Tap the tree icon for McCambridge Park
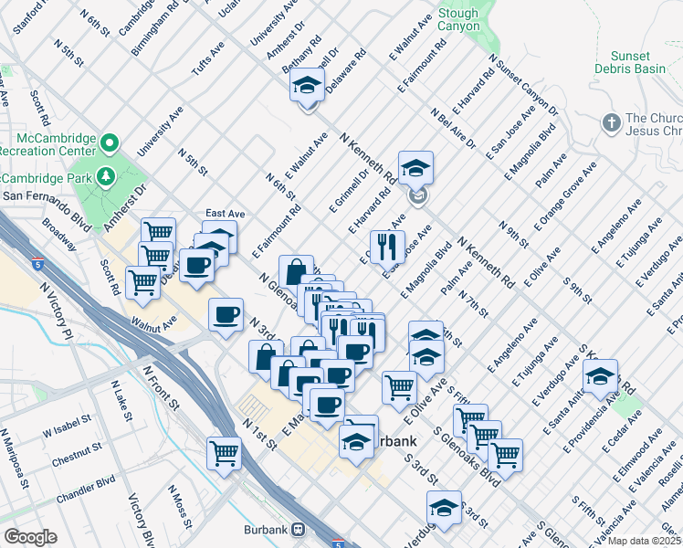107,175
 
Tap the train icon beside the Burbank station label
298,529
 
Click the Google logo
29,537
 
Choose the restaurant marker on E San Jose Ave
386,247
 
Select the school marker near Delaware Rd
308,88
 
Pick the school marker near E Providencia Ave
600,376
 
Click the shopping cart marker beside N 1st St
224,452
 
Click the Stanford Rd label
37,16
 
